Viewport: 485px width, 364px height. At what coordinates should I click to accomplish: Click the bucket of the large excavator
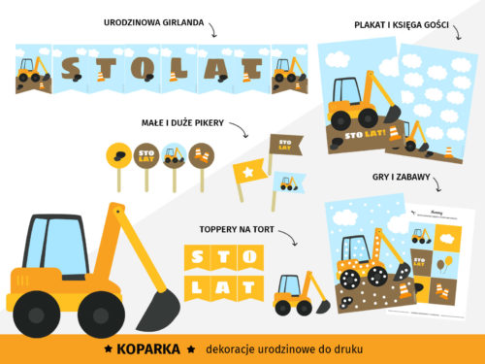(156, 308)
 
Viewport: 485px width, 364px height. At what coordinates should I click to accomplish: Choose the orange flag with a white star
(248, 174)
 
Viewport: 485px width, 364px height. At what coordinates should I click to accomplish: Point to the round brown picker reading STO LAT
(146, 154)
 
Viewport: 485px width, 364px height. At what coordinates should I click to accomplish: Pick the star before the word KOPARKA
(109, 347)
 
